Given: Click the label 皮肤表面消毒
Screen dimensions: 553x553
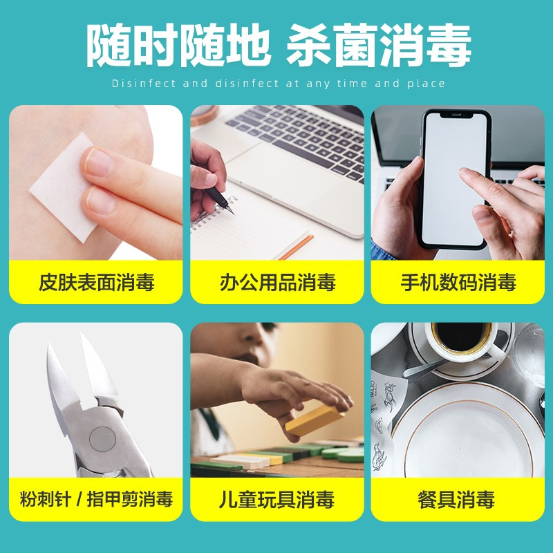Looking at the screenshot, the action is click(x=96, y=282).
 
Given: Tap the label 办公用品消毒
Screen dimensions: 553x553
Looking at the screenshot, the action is click(x=278, y=282).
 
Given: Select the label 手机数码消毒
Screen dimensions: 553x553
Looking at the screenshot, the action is click(x=458, y=282).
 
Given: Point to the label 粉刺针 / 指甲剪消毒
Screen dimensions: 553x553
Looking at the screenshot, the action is click(x=96, y=499).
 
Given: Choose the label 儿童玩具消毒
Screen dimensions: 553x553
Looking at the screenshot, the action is click(x=276, y=499).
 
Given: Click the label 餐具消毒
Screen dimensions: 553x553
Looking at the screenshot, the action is click(x=456, y=499).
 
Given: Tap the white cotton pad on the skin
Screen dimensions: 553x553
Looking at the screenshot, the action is click(x=62, y=187).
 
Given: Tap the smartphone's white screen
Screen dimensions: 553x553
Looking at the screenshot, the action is click(x=454, y=179).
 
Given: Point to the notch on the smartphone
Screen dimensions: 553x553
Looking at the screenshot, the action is click(x=456, y=115).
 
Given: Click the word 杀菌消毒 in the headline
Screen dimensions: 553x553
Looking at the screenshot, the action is click(x=378, y=45).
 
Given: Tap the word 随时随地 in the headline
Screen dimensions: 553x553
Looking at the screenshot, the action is click(x=178, y=45).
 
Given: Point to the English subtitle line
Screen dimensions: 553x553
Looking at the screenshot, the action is click(x=279, y=84).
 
